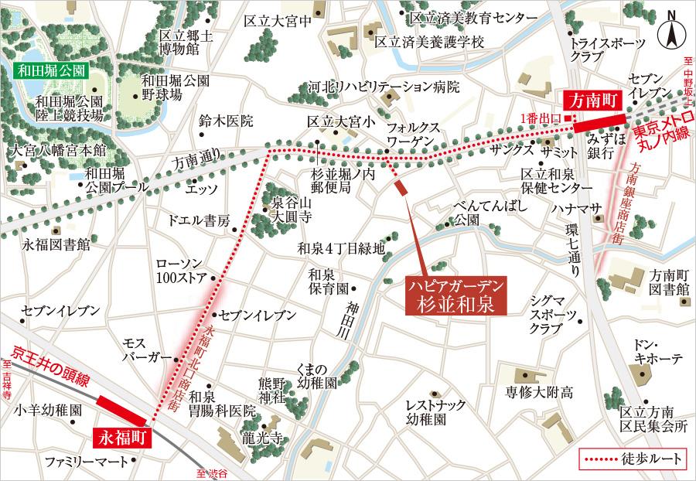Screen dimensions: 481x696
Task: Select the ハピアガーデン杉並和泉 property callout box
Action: pos(455,295)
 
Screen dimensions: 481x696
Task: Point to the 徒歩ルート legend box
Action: pos(633,459)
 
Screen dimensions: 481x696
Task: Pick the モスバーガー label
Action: pos(146,350)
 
